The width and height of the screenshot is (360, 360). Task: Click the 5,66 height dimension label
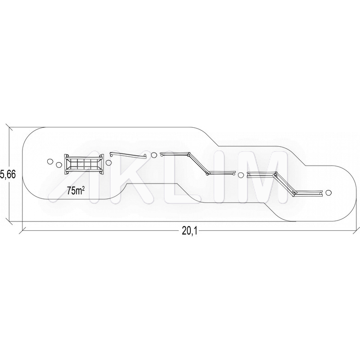point(8,175)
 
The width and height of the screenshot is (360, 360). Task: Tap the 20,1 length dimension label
point(189,231)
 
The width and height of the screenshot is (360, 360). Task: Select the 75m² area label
point(75,190)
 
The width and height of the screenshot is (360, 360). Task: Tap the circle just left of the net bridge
point(59,165)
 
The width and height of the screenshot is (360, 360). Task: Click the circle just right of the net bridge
point(108,163)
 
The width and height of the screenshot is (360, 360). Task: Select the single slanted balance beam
point(128,155)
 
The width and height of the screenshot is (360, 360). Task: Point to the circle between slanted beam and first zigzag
point(154,155)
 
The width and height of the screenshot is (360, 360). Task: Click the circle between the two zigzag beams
point(241,175)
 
